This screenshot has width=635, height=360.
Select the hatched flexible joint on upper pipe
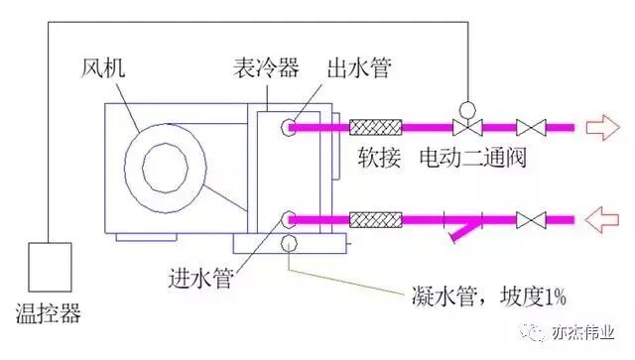[x=376, y=127]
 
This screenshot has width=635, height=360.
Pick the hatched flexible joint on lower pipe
[x=376, y=216]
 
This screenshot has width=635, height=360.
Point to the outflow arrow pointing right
[x=602, y=127]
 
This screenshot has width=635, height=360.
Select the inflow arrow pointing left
[x=602, y=216]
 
